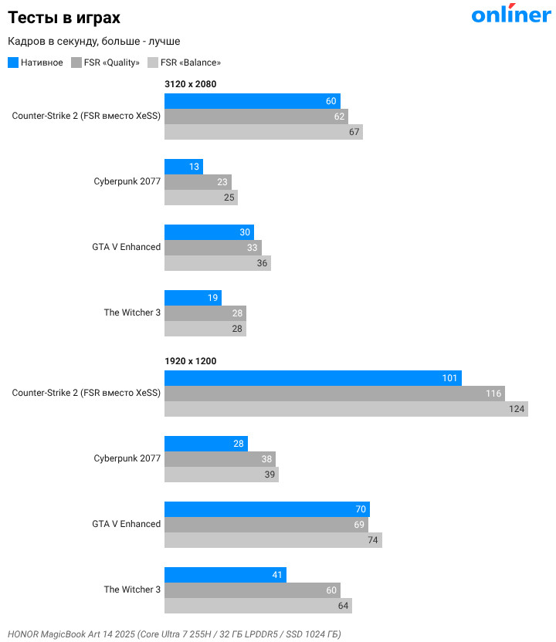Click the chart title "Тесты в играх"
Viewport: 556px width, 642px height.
tap(64, 17)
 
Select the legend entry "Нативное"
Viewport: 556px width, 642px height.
tap(36, 63)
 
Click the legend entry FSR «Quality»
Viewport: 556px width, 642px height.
tap(106, 63)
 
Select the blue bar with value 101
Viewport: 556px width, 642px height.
tap(313, 378)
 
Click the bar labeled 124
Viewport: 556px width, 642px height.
tap(346, 409)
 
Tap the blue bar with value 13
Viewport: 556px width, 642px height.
tap(184, 167)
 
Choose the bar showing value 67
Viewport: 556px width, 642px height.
tap(263, 132)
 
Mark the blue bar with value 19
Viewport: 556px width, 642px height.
tap(193, 298)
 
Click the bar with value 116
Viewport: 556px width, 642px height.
tap(334, 394)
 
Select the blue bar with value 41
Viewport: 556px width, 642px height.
tap(225, 575)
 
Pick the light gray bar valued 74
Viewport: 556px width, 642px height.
tap(273, 540)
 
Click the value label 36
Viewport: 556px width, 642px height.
tap(263, 263)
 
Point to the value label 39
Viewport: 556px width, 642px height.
tap(270, 475)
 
